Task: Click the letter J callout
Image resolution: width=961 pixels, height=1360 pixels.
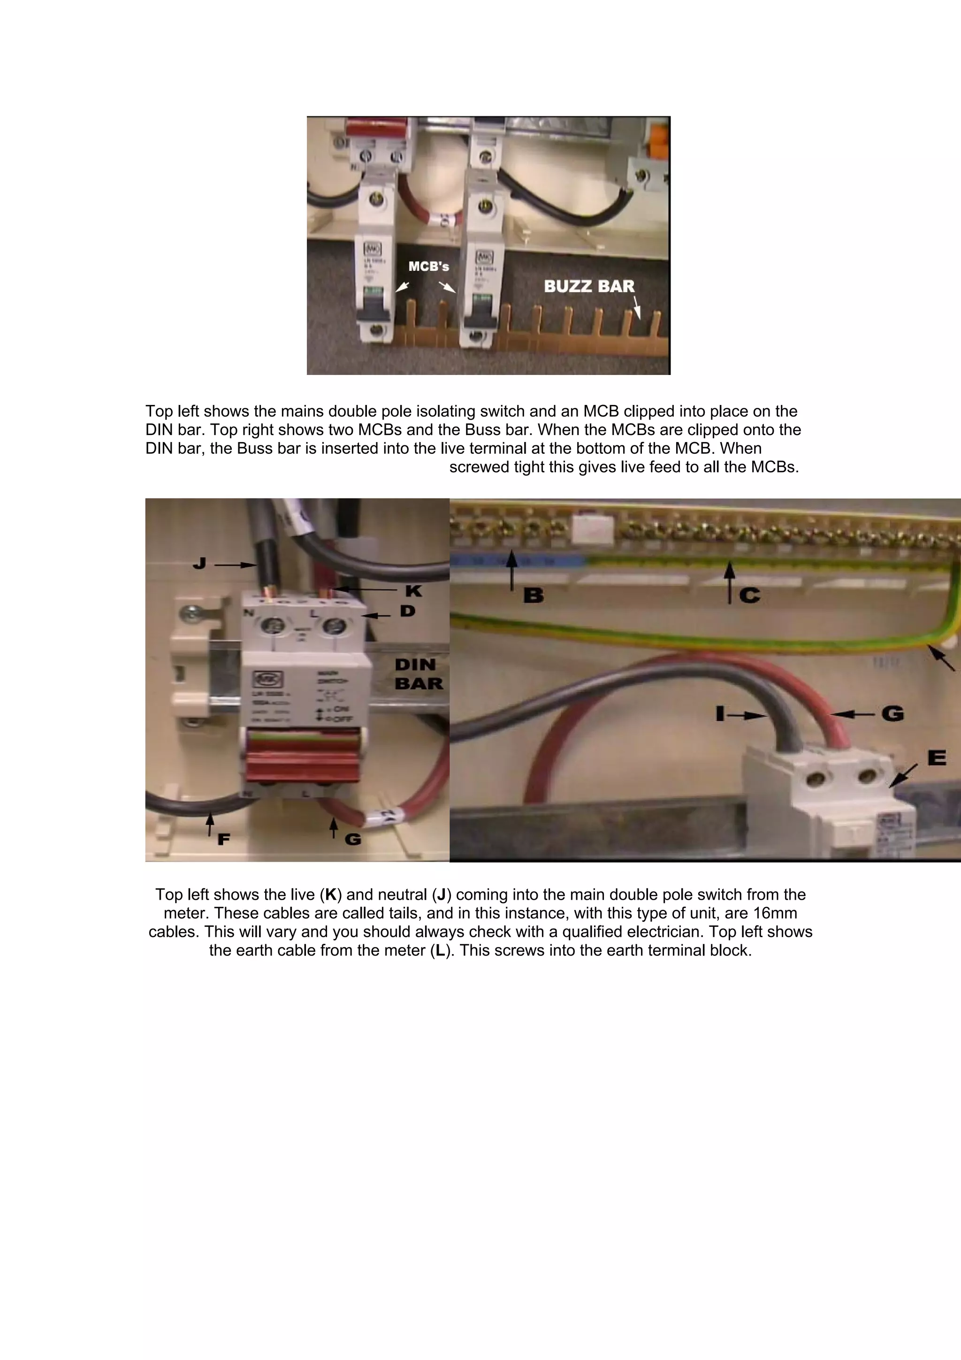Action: (199, 563)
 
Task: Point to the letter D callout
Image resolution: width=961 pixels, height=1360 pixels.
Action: (407, 611)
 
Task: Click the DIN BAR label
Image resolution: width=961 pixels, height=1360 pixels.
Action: (418, 674)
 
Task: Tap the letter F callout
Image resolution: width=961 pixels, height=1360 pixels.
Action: (223, 839)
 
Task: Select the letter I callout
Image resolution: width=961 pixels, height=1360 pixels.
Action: (720, 714)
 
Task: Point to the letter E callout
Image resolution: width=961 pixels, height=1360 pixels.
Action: (936, 757)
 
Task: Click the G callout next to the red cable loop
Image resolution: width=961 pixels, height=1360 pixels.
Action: (892, 713)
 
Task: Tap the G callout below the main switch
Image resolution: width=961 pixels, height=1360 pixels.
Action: (353, 839)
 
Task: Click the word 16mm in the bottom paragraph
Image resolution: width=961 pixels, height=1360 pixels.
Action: (775, 913)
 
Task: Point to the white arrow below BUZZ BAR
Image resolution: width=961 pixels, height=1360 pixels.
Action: (637, 308)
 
